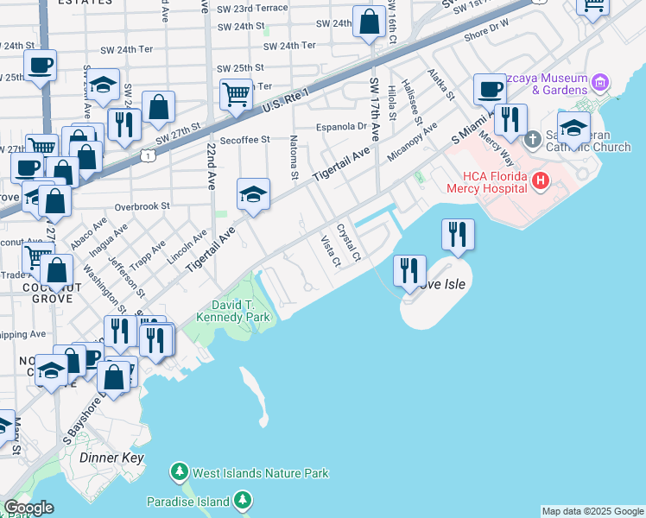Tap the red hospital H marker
tap(541, 180)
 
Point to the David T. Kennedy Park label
tap(241, 311)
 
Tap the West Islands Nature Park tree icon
tap(179, 472)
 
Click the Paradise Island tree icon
tap(244, 501)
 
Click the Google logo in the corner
tap(28, 508)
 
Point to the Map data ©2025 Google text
tap(592, 511)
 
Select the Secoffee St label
tap(245, 139)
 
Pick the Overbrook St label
tap(142, 206)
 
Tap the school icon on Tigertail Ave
tap(253, 194)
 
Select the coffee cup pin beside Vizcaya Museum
tap(490, 89)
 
